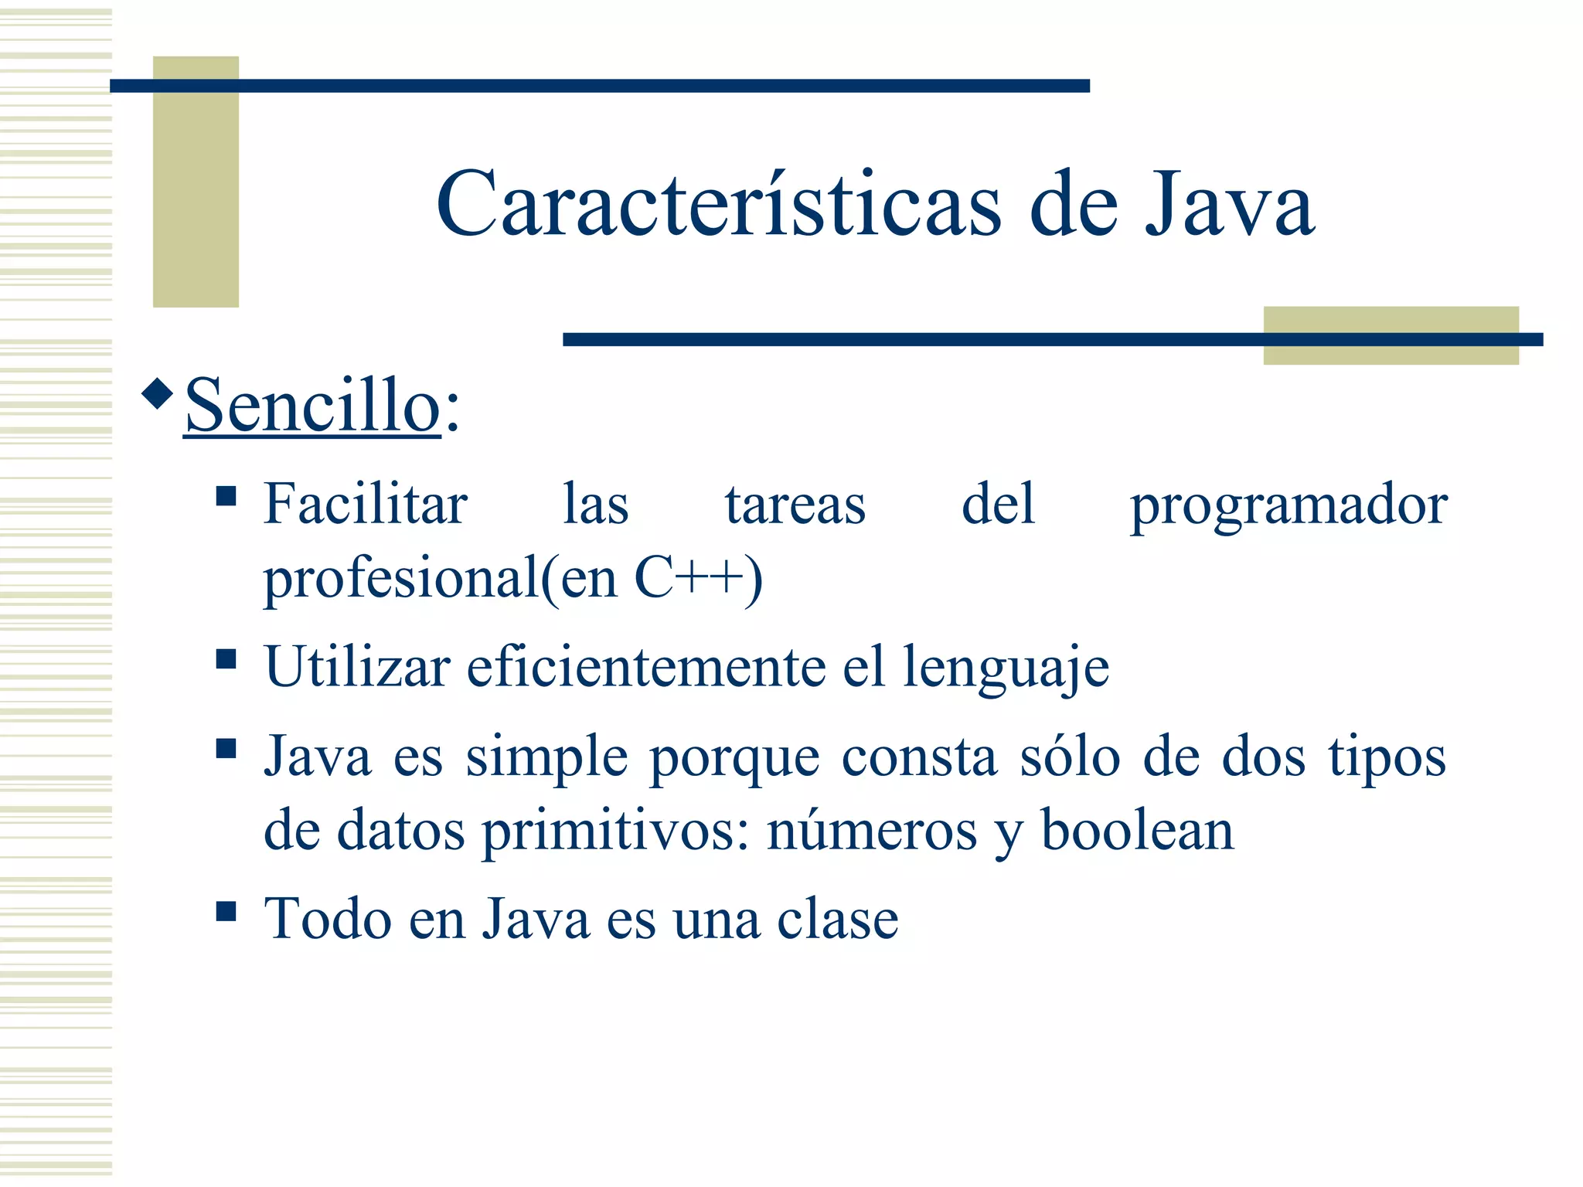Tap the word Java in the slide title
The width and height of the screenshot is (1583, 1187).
point(1229,205)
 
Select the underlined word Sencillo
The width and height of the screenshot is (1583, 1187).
point(312,406)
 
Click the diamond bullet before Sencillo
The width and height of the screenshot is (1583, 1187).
point(158,393)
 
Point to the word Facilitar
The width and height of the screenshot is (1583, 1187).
point(365,505)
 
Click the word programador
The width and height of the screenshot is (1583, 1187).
point(1289,506)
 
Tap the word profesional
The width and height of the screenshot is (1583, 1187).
point(400,579)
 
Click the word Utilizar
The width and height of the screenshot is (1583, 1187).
point(357,666)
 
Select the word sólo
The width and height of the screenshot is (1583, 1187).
point(1070,757)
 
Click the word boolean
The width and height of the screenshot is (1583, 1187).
point(1137,830)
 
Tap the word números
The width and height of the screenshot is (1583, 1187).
point(872,832)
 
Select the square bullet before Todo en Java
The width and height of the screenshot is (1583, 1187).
point(226,912)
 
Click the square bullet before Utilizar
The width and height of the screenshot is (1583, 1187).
point(226,659)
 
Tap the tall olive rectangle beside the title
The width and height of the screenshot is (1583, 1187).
point(196,182)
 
